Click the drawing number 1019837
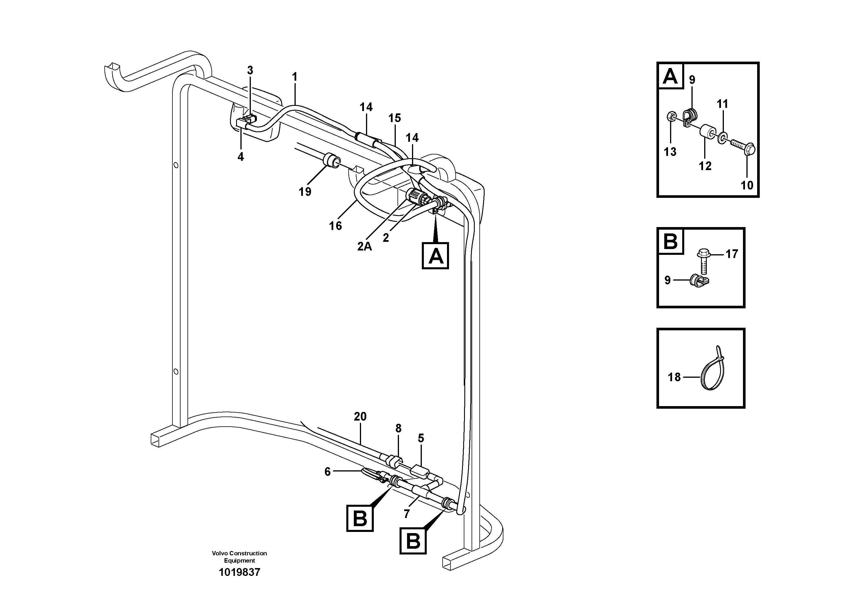(239, 572)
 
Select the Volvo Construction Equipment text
(239, 557)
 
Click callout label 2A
(364, 246)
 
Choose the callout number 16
(335, 226)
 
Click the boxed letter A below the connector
(435, 256)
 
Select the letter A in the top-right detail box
(670, 76)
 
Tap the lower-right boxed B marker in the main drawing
(413, 541)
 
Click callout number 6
(328, 471)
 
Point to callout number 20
(360, 417)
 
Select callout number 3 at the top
(250, 70)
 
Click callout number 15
(395, 118)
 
